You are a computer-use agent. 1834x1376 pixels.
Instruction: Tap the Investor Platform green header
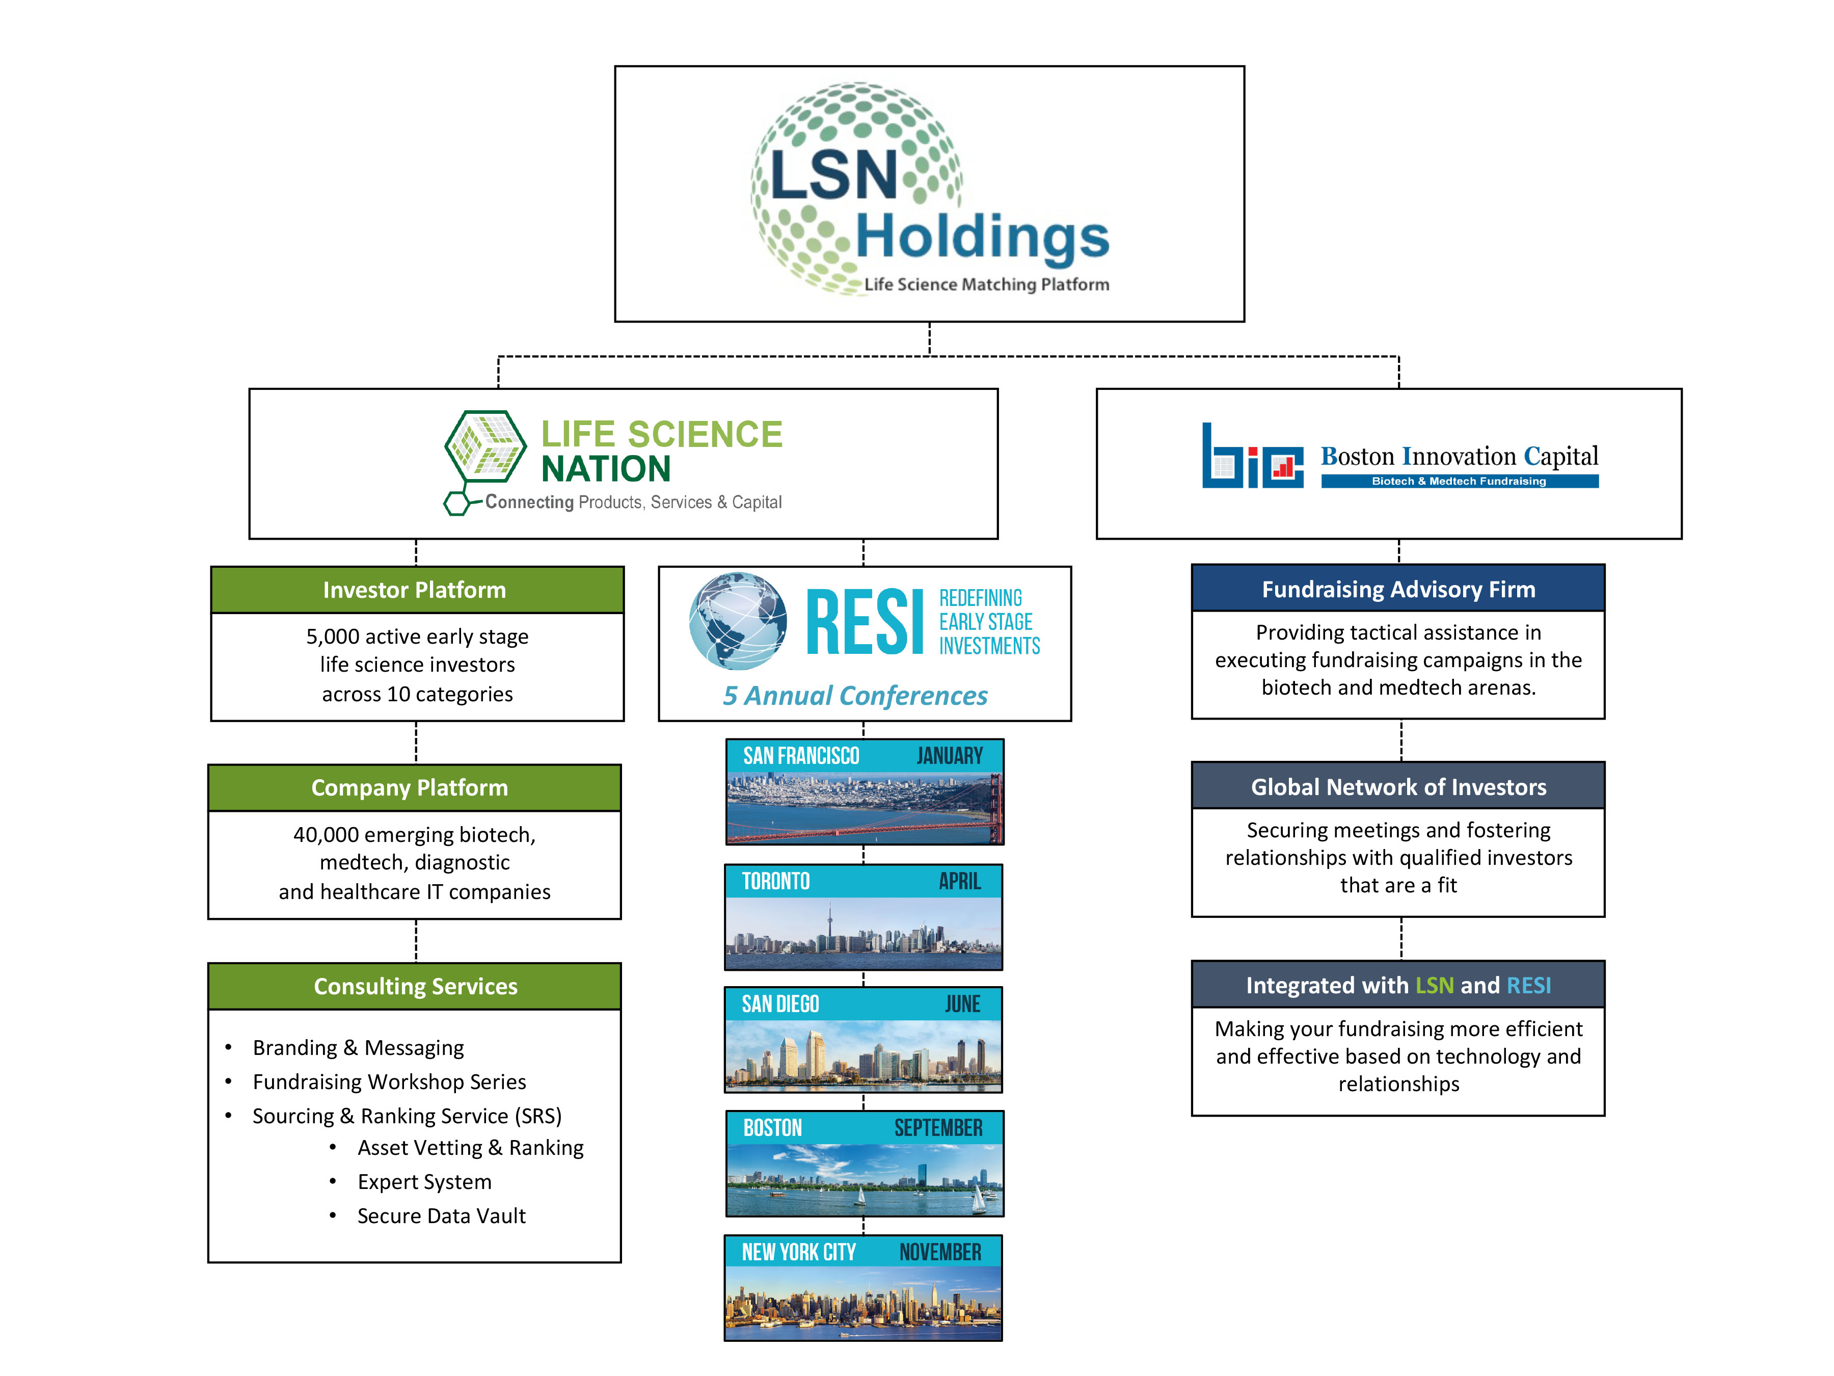point(416,590)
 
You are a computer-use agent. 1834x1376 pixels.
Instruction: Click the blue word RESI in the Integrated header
point(1527,985)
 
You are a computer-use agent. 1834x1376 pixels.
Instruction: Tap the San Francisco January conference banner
point(864,792)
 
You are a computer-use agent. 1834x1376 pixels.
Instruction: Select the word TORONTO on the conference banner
point(775,881)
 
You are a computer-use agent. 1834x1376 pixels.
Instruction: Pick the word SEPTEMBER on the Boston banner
point(938,1128)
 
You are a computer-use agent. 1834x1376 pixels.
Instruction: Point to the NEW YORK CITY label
point(798,1252)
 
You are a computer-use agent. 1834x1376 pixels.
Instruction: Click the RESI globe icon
point(737,620)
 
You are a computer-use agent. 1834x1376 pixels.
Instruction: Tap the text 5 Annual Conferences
point(855,695)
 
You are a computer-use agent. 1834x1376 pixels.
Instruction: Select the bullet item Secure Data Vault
point(441,1216)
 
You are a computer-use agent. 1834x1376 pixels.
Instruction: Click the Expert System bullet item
point(424,1181)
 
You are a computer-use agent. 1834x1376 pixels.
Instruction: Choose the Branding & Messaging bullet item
point(358,1048)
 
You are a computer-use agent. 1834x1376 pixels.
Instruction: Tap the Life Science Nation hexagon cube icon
point(485,448)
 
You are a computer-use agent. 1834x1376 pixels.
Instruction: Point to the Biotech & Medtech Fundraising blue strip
point(1459,481)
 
